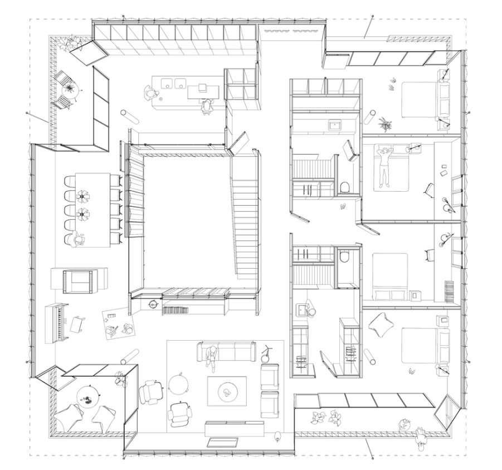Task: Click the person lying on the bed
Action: [383, 166]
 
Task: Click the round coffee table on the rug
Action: [227, 391]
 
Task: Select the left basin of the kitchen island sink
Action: [166, 84]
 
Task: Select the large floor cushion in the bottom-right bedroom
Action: [382, 326]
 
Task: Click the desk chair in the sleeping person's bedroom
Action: [428, 190]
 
